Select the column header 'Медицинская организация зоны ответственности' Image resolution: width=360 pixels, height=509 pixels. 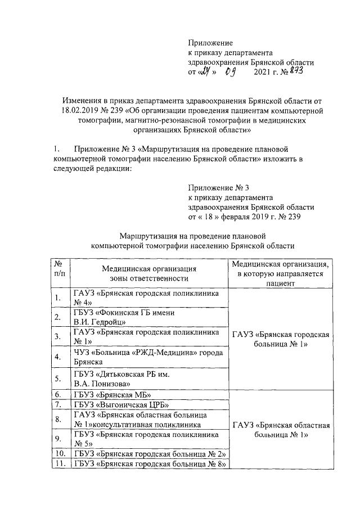click(x=148, y=273)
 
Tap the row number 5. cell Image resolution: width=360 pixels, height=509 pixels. click(x=58, y=378)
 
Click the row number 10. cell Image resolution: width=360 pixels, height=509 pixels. click(x=58, y=454)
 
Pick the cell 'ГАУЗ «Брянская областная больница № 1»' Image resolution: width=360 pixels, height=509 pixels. click(x=282, y=430)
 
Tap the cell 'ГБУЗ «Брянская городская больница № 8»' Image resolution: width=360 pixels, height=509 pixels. click(x=149, y=464)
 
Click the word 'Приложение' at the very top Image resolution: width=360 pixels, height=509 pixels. click(x=210, y=42)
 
